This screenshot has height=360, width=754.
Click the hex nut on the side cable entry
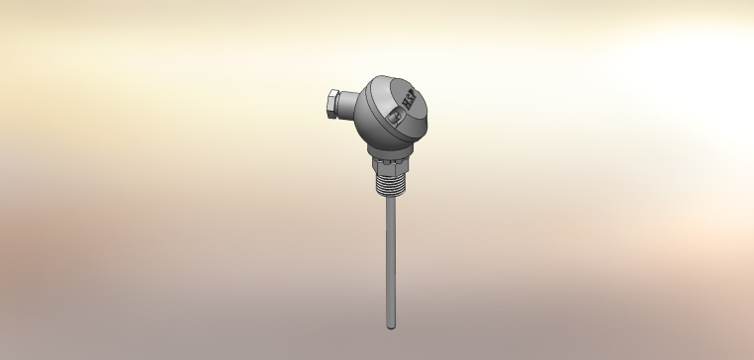point(332,102)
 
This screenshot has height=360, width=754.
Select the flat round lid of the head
point(399,97)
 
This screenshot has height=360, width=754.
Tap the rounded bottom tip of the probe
point(390,326)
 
